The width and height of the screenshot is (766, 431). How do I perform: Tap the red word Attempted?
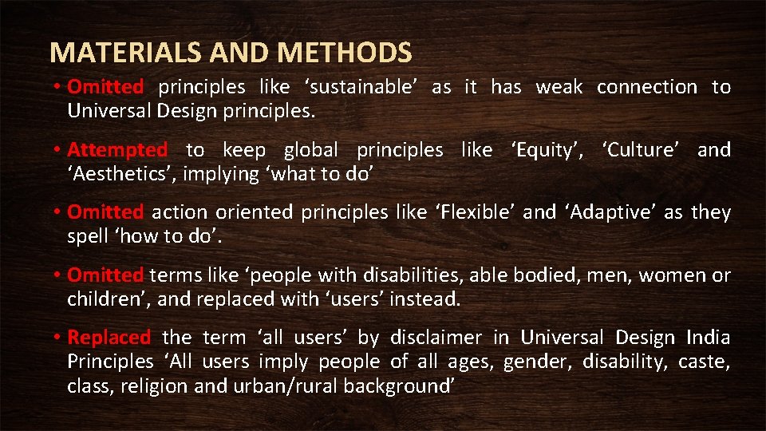(x=117, y=149)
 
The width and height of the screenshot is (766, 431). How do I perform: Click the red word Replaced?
(x=109, y=338)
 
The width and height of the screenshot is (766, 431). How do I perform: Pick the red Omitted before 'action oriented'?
(x=105, y=212)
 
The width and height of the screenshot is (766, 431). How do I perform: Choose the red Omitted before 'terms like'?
(x=105, y=275)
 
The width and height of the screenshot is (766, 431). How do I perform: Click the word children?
(x=101, y=299)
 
